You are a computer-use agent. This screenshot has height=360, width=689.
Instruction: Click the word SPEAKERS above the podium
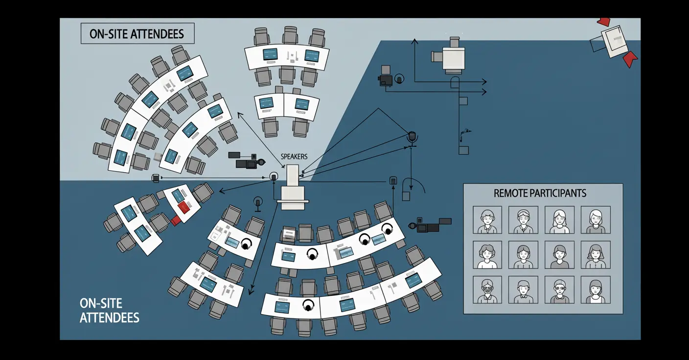294,157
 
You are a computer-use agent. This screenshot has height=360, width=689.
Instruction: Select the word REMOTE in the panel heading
510,193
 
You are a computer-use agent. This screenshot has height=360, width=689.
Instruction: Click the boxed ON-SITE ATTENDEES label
137,34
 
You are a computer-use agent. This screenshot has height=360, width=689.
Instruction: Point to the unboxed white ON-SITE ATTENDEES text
109,311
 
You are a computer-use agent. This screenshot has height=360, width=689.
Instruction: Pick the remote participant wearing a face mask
487,290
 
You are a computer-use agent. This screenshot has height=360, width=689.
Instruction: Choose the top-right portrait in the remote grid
596,220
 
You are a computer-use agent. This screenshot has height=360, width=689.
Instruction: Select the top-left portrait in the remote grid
487,220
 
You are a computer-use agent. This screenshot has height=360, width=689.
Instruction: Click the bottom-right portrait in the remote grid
596,290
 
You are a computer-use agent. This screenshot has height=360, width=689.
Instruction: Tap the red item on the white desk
184,207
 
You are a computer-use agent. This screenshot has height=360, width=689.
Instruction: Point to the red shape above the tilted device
604,22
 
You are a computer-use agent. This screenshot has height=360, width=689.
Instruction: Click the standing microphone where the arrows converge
412,137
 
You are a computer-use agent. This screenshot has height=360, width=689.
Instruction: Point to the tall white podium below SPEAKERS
293,186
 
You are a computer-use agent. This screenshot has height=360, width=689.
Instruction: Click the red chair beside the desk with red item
175,221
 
